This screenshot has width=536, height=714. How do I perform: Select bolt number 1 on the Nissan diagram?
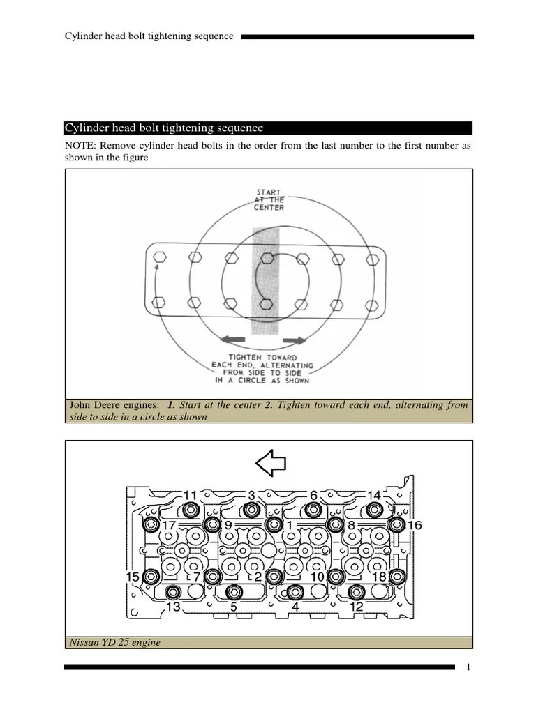pos(274,524)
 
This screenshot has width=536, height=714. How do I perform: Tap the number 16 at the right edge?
pos(415,524)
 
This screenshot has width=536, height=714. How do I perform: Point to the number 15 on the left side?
pos(133,577)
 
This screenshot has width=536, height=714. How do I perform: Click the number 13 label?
pos(173,607)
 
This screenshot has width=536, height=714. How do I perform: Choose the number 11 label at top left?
pos(190,495)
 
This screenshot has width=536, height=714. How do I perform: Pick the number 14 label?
pos(374,495)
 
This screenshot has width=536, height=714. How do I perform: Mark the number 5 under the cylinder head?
pos(234,607)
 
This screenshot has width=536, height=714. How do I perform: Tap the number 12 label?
pos(356,607)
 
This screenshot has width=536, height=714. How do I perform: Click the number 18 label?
pos(379,577)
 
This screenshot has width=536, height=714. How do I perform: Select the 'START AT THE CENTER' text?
pos(269,199)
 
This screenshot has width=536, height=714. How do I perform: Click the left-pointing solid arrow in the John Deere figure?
pos(233,340)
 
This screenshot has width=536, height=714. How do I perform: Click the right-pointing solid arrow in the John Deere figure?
pos(294,340)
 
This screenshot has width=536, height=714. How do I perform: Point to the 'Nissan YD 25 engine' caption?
pos(114,642)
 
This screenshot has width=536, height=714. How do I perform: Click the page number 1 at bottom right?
pos(469,667)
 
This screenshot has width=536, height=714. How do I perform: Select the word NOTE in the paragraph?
pos(80,146)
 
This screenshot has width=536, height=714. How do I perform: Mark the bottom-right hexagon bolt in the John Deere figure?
pos(372,303)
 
